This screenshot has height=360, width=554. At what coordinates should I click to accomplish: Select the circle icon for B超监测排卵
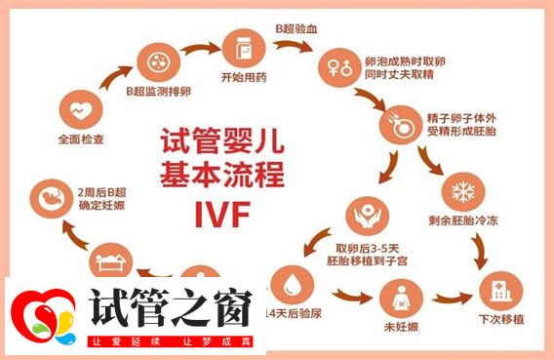(x=157, y=61)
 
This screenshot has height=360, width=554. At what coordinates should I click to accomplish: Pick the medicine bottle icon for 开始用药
(x=242, y=48)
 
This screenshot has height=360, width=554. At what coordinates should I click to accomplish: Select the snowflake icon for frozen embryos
(x=459, y=188)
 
